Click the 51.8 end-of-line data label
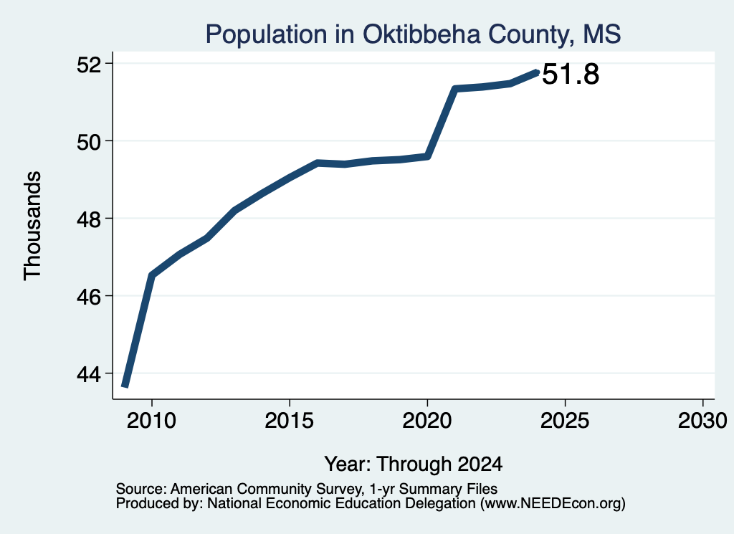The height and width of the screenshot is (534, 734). pyautogui.click(x=571, y=75)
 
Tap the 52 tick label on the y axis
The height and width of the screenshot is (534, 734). pyautogui.click(x=89, y=64)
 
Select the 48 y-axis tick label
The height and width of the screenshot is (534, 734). pyautogui.click(x=89, y=219)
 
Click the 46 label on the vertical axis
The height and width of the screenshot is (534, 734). pyautogui.click(x=89, y=297)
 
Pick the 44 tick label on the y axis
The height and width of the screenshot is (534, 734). pyautogui.click(x=89, y=374)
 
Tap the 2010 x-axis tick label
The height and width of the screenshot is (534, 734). pyautogui.click(x=152, y=421)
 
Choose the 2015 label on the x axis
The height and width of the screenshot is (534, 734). pyautogui.click(x=290, y=421)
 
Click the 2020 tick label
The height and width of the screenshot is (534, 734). pyautogui.click(x=427, y=421)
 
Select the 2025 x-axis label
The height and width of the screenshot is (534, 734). pyautogui.click(x=565, y=421)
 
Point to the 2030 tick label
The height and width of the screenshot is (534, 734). pyautogui.click(x=702, y=421)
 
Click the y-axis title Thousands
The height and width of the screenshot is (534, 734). pyautogui.click(x=33, y=226)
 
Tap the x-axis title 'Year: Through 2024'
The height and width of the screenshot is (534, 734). pyautogui.click(x=414, y=464)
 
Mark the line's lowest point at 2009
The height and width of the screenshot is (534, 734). pyautogui.click(x=125, y=386)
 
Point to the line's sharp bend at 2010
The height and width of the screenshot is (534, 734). pyautogui.click(x=152, y=275)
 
